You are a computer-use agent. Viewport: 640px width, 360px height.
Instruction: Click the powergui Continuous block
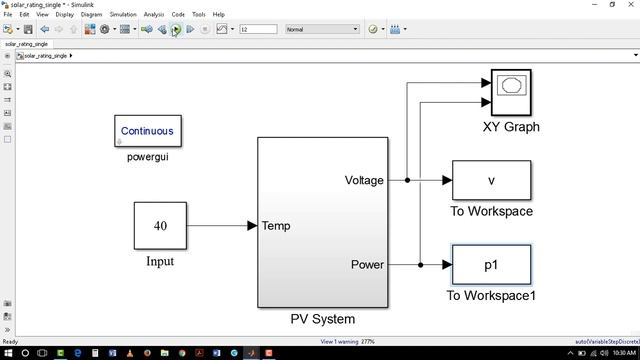click(x=147, y=131)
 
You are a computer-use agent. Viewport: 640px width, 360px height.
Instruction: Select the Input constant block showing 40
click(x=160, y=226)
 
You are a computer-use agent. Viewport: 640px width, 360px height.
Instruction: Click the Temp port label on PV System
click(x=276, y=226)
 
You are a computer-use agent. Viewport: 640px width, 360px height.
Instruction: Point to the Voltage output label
click(x=364, y=181)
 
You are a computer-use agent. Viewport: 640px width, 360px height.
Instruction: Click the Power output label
click(x=367, y=265)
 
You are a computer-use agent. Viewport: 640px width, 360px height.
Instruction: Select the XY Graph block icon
click(x=510, y=94)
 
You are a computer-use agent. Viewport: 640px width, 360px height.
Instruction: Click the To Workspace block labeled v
click(x=491, y=181)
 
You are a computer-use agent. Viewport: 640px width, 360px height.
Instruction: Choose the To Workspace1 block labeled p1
click(x=491, y=265)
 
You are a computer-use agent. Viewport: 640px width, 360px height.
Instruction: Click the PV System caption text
click(x=322, y=320)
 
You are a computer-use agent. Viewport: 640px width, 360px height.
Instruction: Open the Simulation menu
click(x=123, y=15)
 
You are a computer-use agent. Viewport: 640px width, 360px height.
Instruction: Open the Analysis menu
click(x=154, y=15)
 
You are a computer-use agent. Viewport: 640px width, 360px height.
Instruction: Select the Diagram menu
click(x=91, y=15)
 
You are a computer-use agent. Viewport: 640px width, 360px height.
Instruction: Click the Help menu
click(x=218, y=15)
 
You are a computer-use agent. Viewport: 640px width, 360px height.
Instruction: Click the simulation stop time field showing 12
click(x=257, y=29)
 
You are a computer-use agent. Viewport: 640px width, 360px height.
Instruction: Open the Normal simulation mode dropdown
click(x=321, y=29)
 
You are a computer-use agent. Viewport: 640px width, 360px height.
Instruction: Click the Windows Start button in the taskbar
click(x=9, y=353)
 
